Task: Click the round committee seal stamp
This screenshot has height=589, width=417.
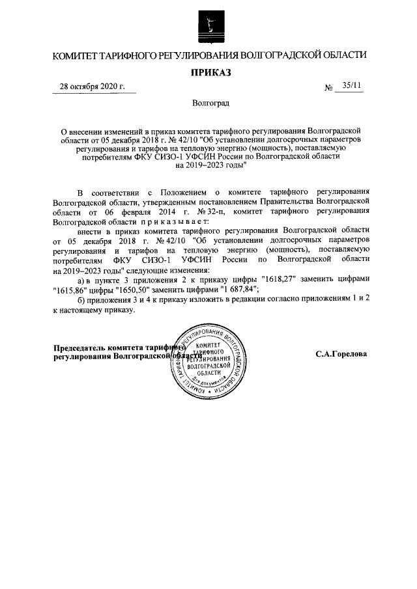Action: point(209,363)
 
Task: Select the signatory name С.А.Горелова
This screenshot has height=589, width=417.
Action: point(342,355)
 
